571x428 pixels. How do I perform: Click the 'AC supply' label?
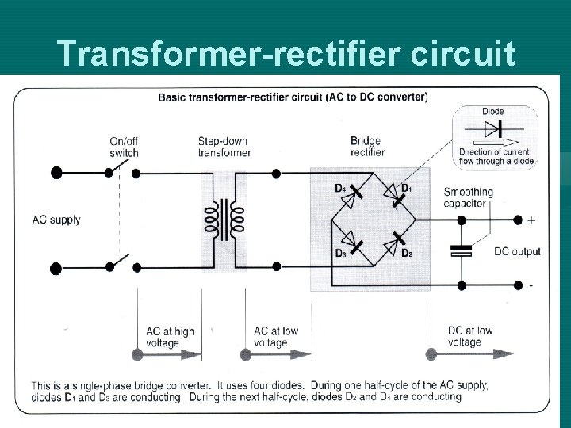(56, 220)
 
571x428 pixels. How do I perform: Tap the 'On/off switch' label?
(124, 147)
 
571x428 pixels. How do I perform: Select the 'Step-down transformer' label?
(224, 147)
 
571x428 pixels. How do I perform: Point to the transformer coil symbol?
(224, 220)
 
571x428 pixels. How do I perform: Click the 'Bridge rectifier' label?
(367, 147)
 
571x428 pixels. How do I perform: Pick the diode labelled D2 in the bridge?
(393, 244)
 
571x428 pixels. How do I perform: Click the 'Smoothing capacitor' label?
(468, 197)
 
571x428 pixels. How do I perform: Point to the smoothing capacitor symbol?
(461, 250)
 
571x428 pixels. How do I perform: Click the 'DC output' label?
(517, 252)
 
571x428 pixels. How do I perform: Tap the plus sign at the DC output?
(531, 220)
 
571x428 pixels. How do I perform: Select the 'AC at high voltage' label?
(170, 337)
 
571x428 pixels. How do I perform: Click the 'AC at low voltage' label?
(276, 337)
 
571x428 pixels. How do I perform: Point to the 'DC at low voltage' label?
(470, 336)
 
